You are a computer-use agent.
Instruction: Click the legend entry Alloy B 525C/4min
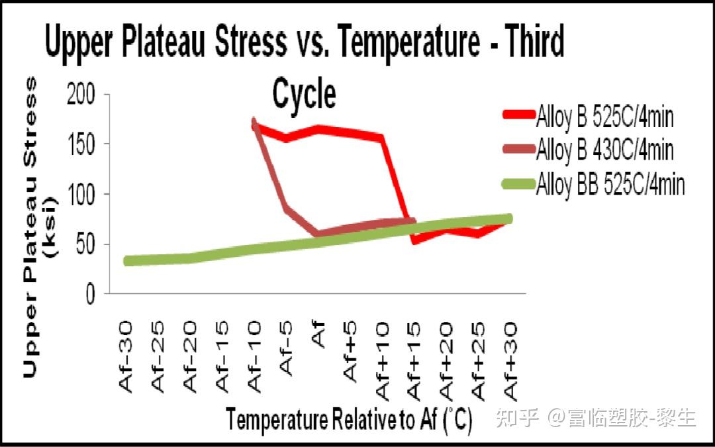point(589,117)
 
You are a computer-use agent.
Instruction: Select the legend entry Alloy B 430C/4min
point(589,149)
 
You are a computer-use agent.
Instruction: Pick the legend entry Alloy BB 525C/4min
point(593,184)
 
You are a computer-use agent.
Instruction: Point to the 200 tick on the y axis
point(81,95)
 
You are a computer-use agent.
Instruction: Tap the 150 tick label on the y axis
point(81,144)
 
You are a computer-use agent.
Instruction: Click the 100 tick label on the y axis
point(81,194)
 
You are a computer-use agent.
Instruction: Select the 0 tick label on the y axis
point(90,294)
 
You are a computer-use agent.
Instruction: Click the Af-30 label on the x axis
point(126,357)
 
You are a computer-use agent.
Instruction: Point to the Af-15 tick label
point(222,357)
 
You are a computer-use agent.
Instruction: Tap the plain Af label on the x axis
point(318,335)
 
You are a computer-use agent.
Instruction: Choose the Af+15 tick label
point(414,361)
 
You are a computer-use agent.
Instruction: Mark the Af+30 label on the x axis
point(510,361)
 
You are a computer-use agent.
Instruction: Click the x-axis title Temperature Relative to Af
point(349,419)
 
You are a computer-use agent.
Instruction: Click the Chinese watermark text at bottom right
point(596,417)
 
